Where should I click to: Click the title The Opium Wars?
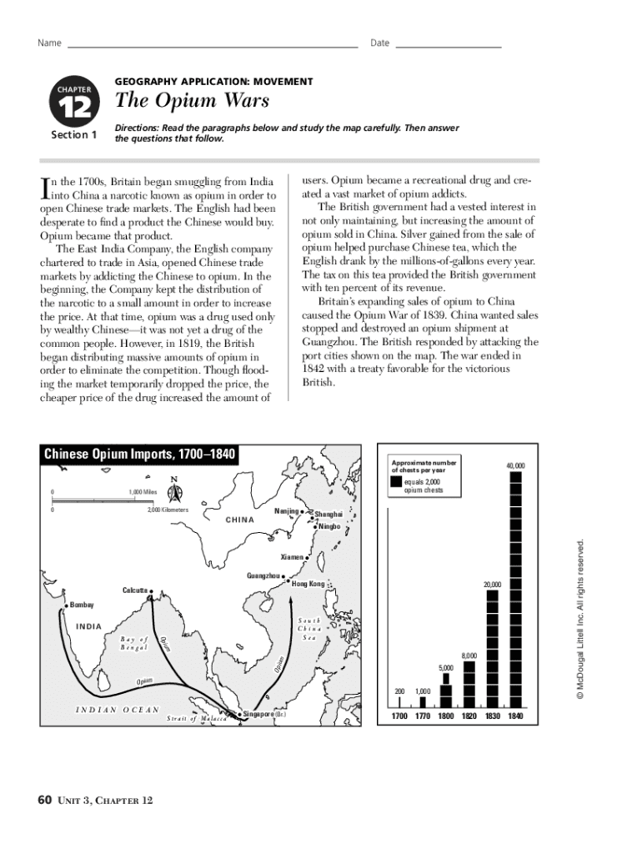point(192,101)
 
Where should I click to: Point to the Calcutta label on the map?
point(136,590)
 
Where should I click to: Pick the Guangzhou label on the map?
point(264,575)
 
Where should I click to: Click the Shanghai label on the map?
point(329,515)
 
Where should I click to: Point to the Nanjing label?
point(287,510)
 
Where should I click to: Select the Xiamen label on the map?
point(291,555)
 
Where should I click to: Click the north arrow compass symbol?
point(173,493)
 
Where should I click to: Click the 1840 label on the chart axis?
point(515,716)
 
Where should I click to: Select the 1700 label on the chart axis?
point(400,716)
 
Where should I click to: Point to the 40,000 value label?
point(514,465)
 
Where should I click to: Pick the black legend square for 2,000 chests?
point(396,485)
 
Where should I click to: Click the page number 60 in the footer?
point(45,801)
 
